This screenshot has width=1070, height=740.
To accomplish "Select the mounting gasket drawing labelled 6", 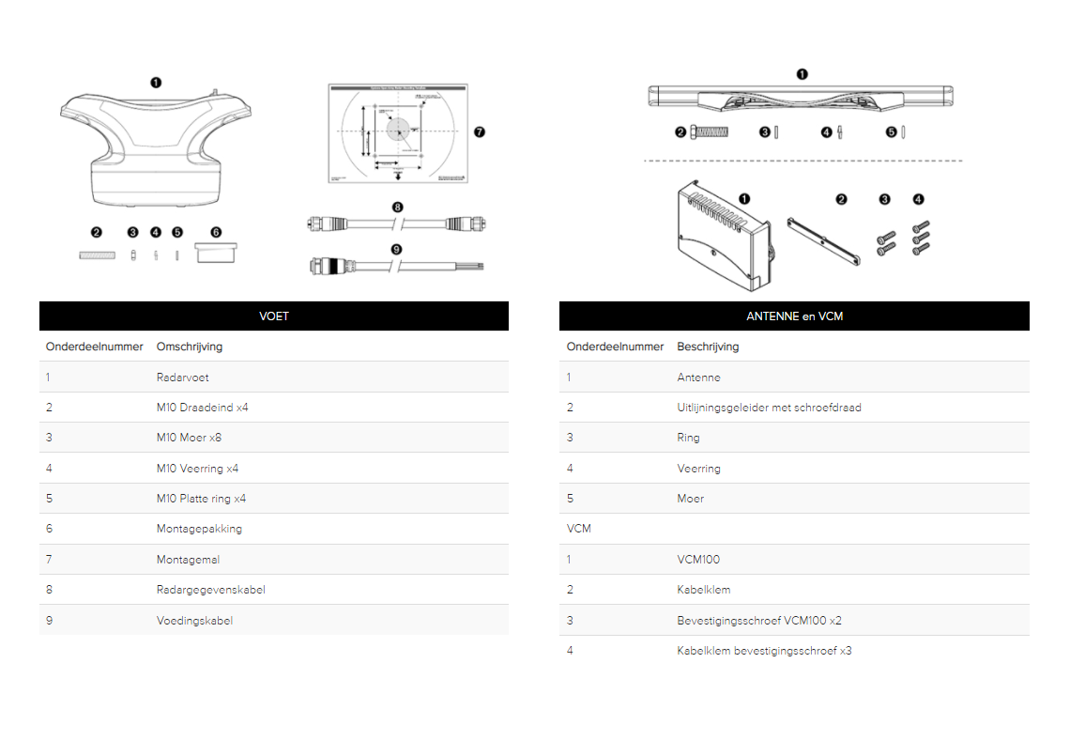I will pyautogui.click(x=215, y=253).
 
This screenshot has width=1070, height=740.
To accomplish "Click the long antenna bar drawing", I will pyautogui.click(x=802, y=96).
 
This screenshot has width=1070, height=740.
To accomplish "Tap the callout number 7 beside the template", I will pyautogui.click(x=480, y=132).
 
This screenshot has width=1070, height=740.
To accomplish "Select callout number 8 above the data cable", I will pyautogui.click(x=397, y=207).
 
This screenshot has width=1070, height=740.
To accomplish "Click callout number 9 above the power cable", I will pyautogui.click(x=397, y=249).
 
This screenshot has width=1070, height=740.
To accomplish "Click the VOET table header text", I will pyautogui.click(x=274, y=316).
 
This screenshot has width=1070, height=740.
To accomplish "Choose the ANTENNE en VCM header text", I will pyautogui.click(x=794, y=316).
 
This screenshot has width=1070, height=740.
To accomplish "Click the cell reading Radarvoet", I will pyautogui.click(x=183, y=378).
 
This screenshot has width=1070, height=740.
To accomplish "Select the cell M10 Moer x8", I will pyautogui.click(x=189, y=438).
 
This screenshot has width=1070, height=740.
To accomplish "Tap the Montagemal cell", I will pyautogui.click(x=188, y=559).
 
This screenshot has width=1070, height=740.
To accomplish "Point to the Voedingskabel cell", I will pyautogui.click(x=194, y=620).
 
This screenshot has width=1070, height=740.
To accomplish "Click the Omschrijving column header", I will pyautogui.click(x=190, y=347).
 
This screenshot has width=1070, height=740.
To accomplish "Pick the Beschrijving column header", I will pyautogui.click(x=708, y=347).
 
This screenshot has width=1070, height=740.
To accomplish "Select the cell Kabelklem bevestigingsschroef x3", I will pyautogui.click(x=764, y=650).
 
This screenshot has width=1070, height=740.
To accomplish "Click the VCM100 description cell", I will pyautogui.click(x=698, y=559).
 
